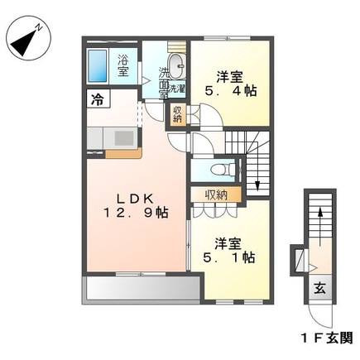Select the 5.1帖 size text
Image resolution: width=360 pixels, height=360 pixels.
[x=233, y=257]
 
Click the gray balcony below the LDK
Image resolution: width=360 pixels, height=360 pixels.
[x=141, y=289]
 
